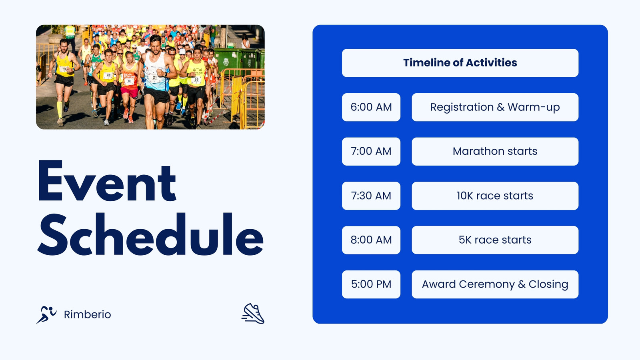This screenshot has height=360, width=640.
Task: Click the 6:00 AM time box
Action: (371, 107)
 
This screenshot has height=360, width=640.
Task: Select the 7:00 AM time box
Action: (371, 152)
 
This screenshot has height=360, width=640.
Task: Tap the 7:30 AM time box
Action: (371, 196)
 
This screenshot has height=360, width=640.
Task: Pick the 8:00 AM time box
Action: (371, 240)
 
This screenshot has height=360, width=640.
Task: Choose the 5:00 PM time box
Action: (371, 284)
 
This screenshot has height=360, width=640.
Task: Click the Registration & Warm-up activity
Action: (495, 107)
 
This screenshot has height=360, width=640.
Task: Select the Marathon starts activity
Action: (495, 152)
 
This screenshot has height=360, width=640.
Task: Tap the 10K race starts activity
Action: (495, 196)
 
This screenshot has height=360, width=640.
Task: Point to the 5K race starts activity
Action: (495, 240)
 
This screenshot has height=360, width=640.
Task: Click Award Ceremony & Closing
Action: (495, 284)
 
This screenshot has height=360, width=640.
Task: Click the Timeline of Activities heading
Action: (460, 63)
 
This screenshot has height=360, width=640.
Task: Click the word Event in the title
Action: (107, 181)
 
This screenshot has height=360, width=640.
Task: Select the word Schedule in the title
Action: (150, 234)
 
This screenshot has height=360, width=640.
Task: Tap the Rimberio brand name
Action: (88, 314)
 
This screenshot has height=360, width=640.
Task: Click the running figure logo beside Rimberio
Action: (46, 314)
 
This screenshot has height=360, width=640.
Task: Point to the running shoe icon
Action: (253, 314)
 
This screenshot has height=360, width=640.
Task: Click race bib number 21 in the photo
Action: (154, 77)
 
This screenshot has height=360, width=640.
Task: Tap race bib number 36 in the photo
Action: (196, 80)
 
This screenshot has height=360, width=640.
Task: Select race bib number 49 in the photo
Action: (108, 76)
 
